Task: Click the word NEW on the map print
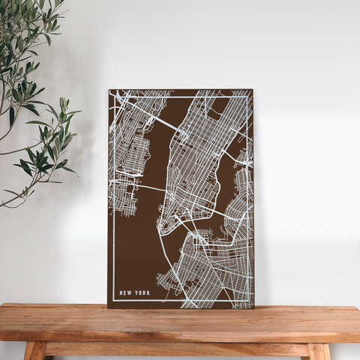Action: pos(125,293)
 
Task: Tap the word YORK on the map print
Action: pos(142,293)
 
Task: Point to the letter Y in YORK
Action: pos(136,293)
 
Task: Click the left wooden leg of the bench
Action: pos(34,351)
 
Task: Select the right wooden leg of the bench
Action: pos(319,351)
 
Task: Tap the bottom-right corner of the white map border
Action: pos(248,301)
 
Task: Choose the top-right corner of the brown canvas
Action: pos(253,90)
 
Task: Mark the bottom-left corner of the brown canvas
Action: pos(108,307)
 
